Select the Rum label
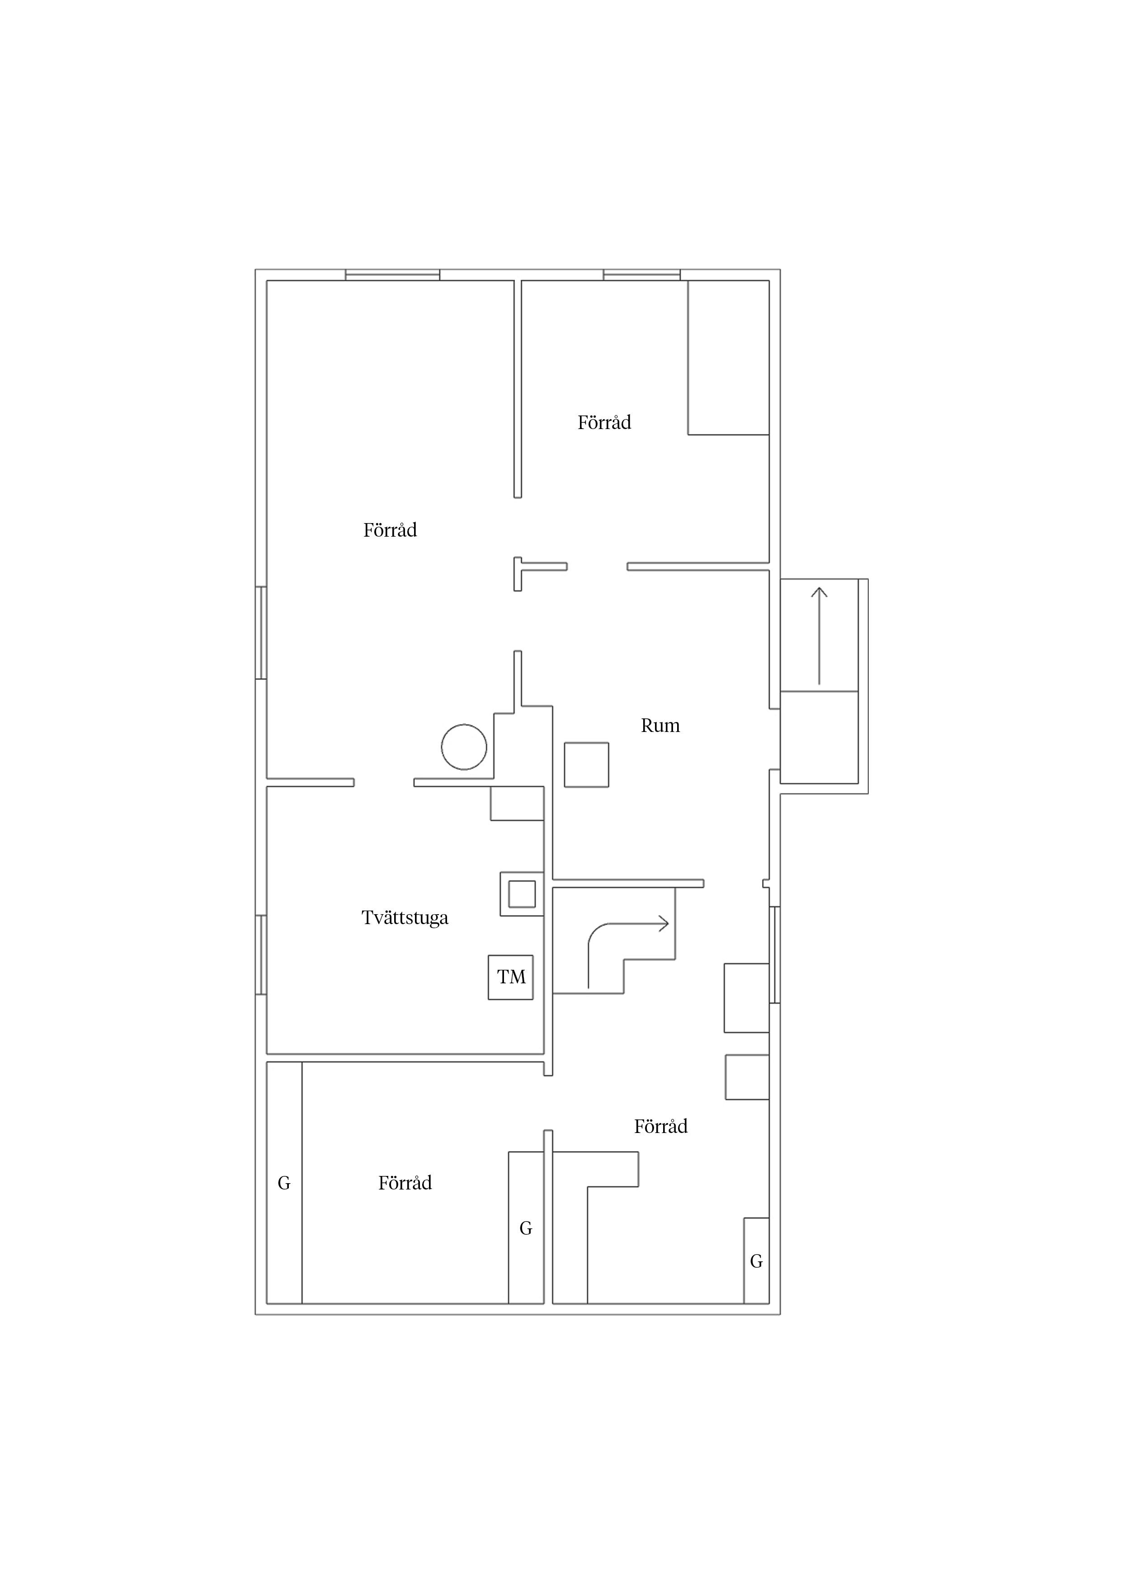coord(660,725)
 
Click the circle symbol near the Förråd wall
coord(464,747)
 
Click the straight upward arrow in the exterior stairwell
coord(819,636)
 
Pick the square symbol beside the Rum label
coord(586,765)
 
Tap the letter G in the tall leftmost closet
coord(284,1183)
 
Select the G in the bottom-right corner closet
coord(756,1261)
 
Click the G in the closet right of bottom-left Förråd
coord(526,1228)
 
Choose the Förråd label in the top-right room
coord(604,422)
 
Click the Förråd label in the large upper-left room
coord(390,530)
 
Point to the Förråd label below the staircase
coord(661,1126)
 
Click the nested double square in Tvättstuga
coord(522,894)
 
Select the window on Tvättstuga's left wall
coord(261,955)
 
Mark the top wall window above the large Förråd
coord(392,275)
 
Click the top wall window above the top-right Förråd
coord(642,275)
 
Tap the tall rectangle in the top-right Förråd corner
coord(729,357)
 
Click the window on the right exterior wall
coord(775,955)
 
